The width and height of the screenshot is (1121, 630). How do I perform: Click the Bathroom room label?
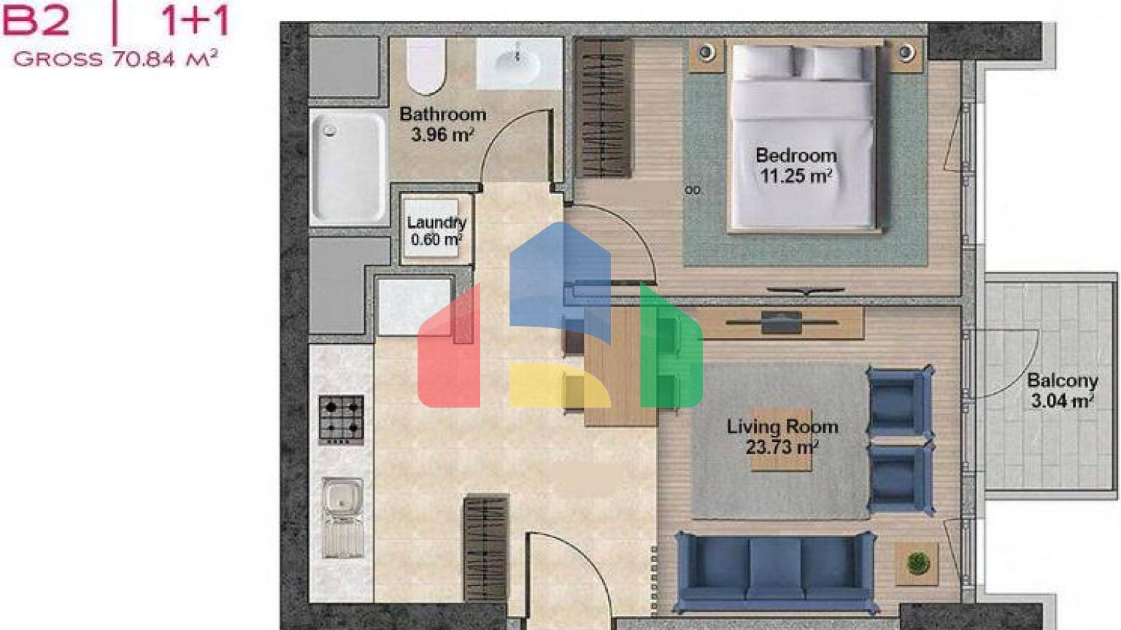point(442,114)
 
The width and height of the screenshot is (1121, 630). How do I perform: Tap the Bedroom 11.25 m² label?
point(796,166)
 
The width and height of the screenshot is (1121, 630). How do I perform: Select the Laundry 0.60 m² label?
point(436,230)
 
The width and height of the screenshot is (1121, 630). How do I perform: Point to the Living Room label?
point(782,427)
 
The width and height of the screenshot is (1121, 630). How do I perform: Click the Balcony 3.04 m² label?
point(1063,391)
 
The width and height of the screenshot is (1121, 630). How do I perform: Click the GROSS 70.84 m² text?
point(115,58)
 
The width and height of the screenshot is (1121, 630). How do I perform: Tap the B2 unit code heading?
point(36,20)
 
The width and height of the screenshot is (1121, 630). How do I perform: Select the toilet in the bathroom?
point(426,66)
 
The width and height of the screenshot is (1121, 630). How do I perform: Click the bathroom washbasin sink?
point(519,64)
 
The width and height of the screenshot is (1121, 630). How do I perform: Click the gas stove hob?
point(342,419)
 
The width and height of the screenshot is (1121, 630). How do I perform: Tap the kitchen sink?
point(343,518)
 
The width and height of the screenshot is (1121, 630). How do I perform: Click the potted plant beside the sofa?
point(918,563)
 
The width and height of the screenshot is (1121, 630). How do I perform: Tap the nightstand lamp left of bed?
point(706,52)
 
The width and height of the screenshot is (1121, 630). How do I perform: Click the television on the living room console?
point(782,322)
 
